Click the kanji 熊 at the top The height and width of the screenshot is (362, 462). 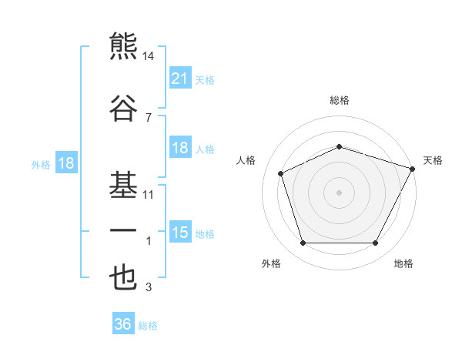[x=123, y=46]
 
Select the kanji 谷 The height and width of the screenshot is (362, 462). [x=123, y=108]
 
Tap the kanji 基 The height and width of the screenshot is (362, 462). [x=123, y=185]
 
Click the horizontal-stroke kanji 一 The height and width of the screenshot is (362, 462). [x=123, y=230]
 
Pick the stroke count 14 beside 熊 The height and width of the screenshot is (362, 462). [x=148, y=56]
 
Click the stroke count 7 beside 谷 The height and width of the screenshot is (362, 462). [x=149, y=118]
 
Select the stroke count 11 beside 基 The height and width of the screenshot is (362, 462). [x=148, y=195]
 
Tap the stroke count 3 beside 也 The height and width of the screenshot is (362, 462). [x=149, y=287]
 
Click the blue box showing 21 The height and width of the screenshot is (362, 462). [x=180, y=78]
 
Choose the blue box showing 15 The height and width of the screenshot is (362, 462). [x=180, y=231]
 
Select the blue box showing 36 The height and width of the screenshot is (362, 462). [x=123, y=323]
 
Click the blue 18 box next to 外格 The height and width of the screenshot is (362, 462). [x=66, y=163]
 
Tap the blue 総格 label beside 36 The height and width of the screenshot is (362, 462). [x=148, y=326]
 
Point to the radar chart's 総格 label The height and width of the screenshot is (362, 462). [x=340, y=100]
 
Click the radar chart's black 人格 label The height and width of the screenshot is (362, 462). [x=246, y=161]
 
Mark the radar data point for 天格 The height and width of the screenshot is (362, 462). [x=413, y=169]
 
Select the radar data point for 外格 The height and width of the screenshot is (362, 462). [x=303, y=243]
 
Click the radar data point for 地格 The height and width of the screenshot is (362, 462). [x=376, y=243]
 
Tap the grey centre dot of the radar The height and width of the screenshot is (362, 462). [x=339, y=193]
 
